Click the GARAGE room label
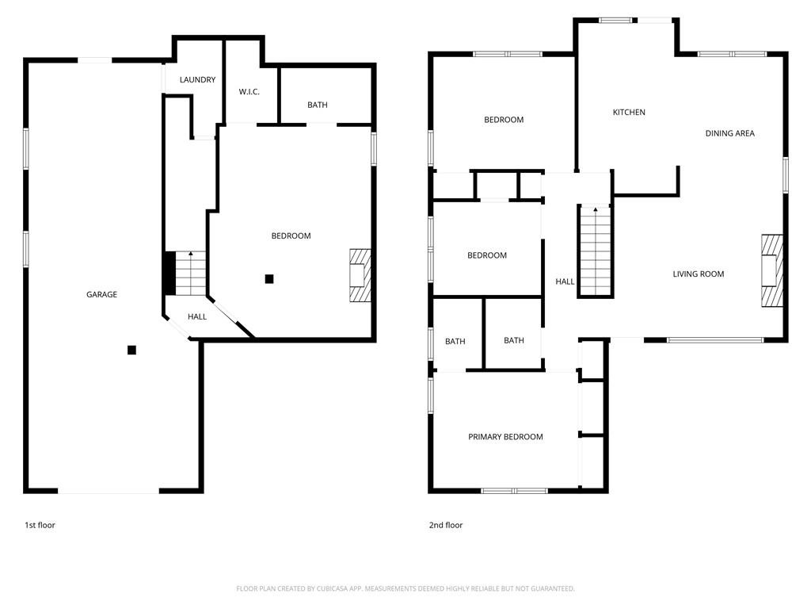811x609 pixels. [x=101, y=294]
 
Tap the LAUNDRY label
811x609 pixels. [x=197, y=80]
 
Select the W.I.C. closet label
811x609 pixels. [x=249, y=92]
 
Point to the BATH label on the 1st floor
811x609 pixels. [x=318, y=105]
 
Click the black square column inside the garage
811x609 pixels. [x=131, y=350]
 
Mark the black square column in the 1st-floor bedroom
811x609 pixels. [x=269, y=278]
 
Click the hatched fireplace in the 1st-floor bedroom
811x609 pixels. [x=359, y=275]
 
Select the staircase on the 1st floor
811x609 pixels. [x=190, y=273]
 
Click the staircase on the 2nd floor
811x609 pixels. [x=596, y=250]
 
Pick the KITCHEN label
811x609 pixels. [x=629, y=113]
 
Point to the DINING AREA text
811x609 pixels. [x=729, y=133]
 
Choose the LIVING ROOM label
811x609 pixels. [x=699, y=274]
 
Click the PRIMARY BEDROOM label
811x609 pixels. [x=505, y=437]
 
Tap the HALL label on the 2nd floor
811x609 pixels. [x=565, y=282]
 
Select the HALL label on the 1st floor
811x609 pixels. [x=197, y=317]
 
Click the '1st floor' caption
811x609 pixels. [x=40, y=525]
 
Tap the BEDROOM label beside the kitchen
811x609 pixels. [x=504, y=120]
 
